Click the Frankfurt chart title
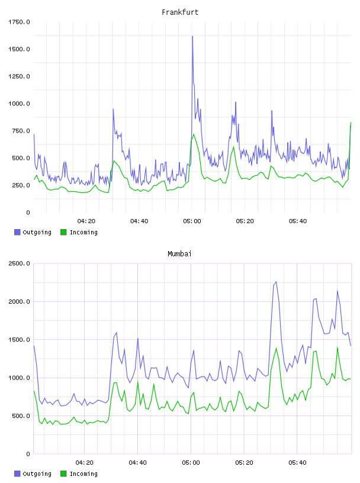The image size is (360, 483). click(x=180, y=12)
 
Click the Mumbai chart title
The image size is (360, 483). click(x=179, y=254)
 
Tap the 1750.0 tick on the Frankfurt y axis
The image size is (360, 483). click(x=19, y=22)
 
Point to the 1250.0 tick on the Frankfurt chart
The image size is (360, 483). click(x=19, y=76)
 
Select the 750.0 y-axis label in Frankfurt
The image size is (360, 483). click(x=21, y=131)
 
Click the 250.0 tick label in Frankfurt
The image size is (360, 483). click(x=21, y=185)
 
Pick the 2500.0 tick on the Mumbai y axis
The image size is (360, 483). click(x=19, y=263)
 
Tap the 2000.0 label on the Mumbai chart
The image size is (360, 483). click(x=19, y=301)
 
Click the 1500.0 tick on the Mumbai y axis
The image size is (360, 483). click(x=19, y=340)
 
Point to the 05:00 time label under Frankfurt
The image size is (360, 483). click(x=192, y=221)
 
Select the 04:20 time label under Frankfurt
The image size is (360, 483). click(x=86, y=221)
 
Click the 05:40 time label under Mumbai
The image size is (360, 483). click(x=297, y=463)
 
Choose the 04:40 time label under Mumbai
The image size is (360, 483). click(x=137, y=463)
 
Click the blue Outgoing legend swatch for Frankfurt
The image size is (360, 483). click(x=17, y=232)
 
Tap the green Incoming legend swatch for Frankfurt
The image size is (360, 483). click(x=63, y=232)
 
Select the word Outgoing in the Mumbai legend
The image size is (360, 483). click(x=37, y=474)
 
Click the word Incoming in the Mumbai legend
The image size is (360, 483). click(x=83, y=474)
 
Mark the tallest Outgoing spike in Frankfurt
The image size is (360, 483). click(x=192, y=36)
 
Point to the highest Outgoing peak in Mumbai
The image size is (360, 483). click(x=276, y=282)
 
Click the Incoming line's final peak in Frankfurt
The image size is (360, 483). click(x=351, y=123)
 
